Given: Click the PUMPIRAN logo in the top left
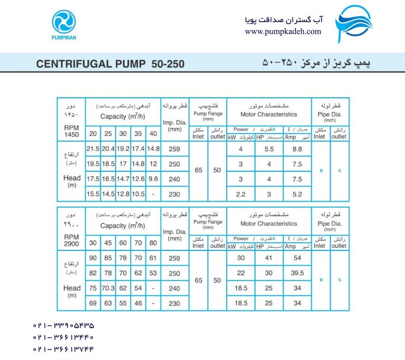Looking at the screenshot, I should point(64,26).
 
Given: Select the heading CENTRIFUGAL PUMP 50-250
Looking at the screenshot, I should point(110,64).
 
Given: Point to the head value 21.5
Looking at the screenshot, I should point(93,149).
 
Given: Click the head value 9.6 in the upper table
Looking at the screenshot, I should point(153,178).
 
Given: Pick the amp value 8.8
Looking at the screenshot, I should point(297,149).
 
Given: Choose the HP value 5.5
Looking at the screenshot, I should point(268,149).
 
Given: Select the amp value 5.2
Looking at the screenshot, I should point(297,193).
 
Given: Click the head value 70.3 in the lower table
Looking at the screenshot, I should point(108,288).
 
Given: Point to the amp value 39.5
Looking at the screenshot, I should point(297,273).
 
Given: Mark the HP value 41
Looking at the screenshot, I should point(268,258).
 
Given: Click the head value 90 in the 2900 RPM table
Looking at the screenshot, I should point(93,258).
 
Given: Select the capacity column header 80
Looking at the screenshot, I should point(153,244).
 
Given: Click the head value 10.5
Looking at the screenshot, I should point(138,193).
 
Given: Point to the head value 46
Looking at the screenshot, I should point(138,304).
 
